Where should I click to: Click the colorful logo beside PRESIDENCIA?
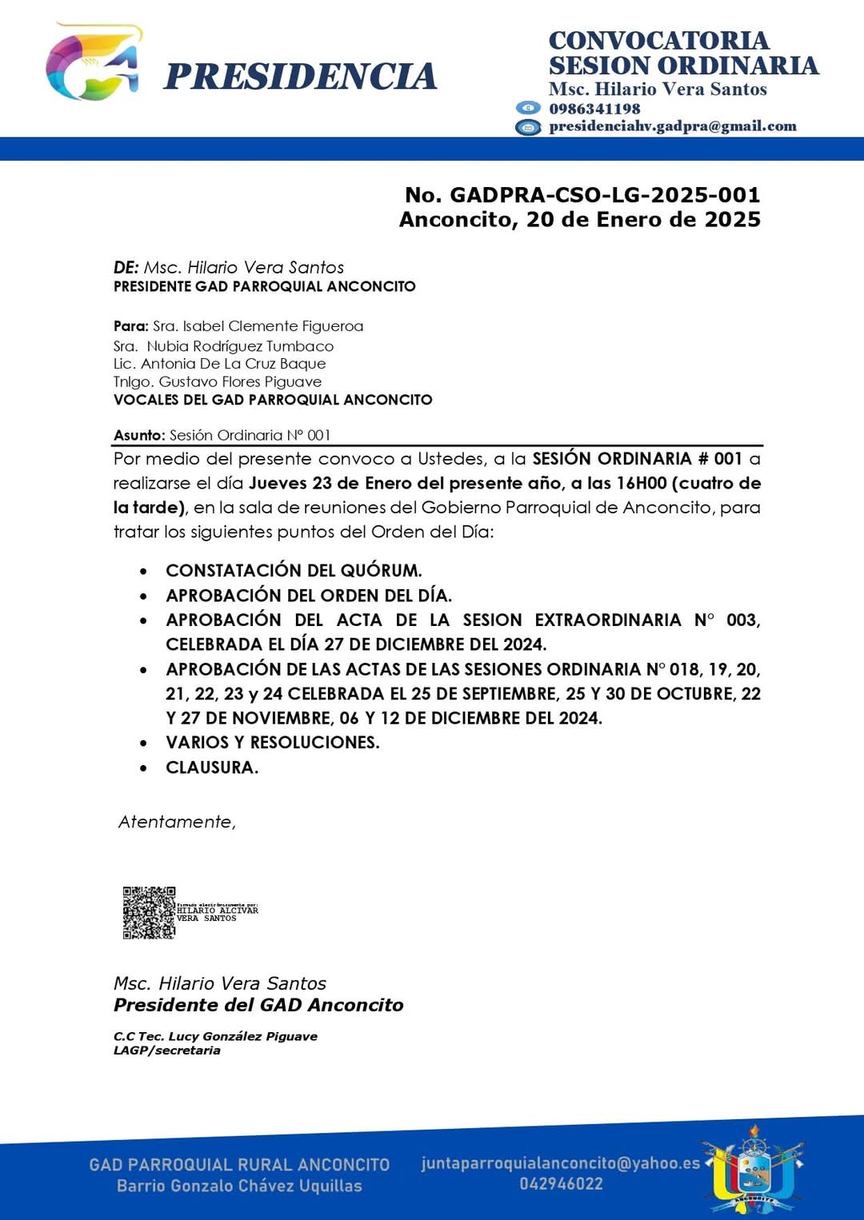94,64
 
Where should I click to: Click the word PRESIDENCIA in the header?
300,77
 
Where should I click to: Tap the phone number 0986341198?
594,109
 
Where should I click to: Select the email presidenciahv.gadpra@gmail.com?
672,126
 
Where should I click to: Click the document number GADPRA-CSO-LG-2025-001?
605,195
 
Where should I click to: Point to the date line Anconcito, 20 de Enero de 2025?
579,220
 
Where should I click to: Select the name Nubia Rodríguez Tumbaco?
240,346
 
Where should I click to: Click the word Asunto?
138,436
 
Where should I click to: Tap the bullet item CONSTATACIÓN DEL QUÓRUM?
294,571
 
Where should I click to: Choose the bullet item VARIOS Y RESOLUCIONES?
272,743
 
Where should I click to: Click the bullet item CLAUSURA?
212,767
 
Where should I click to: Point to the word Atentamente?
177,822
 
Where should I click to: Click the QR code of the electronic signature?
149,912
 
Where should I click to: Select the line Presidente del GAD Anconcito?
258,1005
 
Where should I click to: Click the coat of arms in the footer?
752,1169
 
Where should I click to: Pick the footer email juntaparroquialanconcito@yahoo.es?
560,1163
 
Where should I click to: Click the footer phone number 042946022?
561,1184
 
